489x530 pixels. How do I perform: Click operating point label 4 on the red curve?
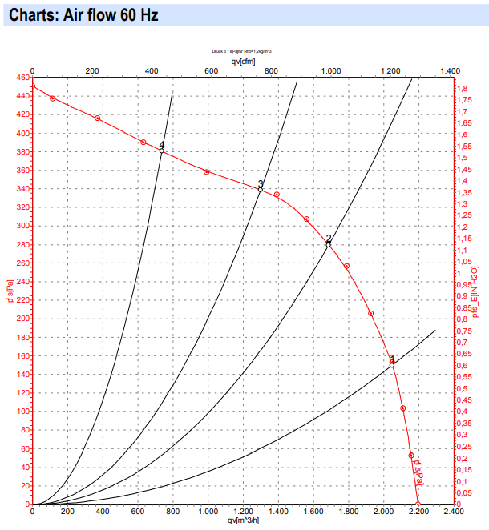coord(162,145)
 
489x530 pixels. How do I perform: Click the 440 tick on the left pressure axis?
coord(20,96)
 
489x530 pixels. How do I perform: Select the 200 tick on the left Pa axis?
coord(20,319)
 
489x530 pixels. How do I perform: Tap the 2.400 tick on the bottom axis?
coord(452,511)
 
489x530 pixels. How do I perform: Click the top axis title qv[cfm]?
coord(242,61)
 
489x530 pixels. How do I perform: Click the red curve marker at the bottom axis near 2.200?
coord(418,504)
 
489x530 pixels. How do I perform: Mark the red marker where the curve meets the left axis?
coord(32,86)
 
